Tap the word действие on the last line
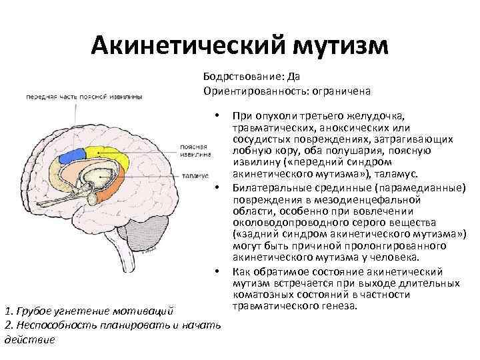pos(29,339)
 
